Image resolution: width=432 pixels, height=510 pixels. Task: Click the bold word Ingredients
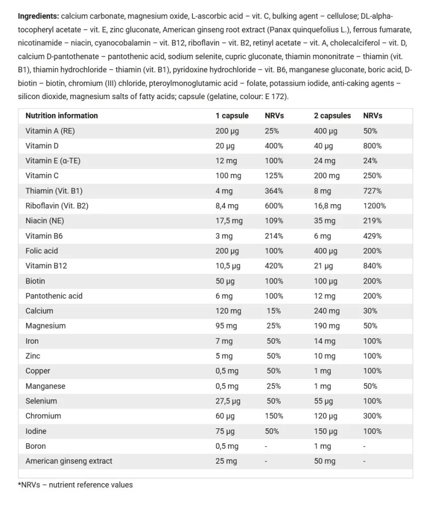point(38,16)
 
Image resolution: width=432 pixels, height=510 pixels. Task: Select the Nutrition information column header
point(61,116)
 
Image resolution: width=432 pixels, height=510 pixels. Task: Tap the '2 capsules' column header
point(332,116)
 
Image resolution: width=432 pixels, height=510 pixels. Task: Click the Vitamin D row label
point(42,146)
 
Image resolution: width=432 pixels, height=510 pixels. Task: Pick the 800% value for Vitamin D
point(372,146)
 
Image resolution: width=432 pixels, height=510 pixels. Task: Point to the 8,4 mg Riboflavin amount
point(227,206)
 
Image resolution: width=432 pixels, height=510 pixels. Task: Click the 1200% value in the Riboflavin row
point(374,206)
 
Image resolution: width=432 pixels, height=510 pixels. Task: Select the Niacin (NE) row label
point(45,221)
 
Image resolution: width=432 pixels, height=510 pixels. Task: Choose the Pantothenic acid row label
point(54,296)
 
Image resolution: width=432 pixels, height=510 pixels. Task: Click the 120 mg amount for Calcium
point(228,311)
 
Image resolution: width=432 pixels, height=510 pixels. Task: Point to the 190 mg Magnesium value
point(326,326)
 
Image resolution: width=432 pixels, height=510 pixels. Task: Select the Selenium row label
point(41,401)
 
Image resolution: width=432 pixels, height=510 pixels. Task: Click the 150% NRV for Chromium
point(274,416)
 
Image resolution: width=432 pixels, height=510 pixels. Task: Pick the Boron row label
point(35,446)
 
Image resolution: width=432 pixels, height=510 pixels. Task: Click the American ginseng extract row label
point(69,461)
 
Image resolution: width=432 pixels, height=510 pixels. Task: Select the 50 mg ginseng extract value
point(325,461)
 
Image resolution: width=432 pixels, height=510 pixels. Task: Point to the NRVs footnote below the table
point(75,485)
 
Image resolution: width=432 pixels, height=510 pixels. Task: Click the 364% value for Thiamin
point(274,191)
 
